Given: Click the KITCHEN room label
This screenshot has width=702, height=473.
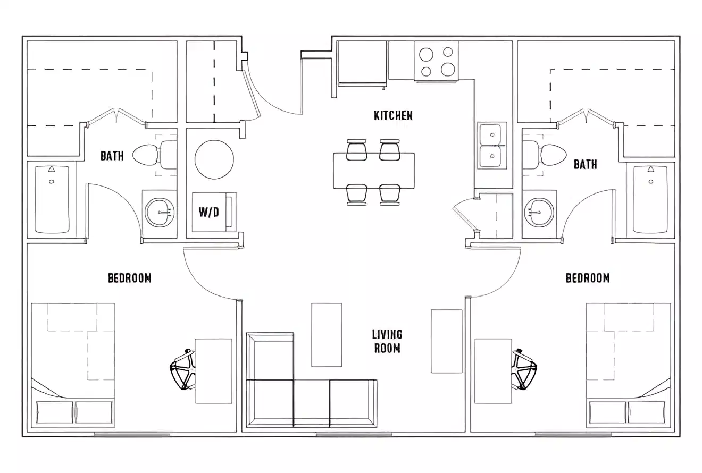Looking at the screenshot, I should click(393, 115).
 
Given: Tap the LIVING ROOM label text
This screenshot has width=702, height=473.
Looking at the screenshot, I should click(387, 341).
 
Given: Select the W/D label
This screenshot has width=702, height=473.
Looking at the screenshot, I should click(208, 213).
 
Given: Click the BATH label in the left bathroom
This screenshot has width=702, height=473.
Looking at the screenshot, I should click(112, 156).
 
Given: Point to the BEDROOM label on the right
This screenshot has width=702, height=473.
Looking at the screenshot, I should click(588, 278).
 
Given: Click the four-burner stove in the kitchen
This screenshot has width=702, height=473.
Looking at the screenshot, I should click(436, 62).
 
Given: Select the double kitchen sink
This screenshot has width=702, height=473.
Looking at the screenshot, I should click(492, 145).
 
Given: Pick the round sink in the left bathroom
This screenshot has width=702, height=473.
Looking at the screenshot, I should click(160, 213).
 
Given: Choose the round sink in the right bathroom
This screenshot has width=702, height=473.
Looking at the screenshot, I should click(539, 212).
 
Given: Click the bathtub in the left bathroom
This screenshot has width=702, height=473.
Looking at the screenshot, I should click(52, 199).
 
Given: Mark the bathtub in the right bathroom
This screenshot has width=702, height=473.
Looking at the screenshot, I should click(650, 199).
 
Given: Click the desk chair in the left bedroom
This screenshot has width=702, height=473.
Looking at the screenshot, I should click(182, 370).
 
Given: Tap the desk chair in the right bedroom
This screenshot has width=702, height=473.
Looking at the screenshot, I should click(524, 370).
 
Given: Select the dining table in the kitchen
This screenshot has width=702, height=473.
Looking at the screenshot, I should click(373, 171).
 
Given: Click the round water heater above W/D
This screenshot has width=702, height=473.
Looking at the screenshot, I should click(214, 159).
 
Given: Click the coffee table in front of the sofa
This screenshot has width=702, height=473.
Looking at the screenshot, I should click(327, 335).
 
